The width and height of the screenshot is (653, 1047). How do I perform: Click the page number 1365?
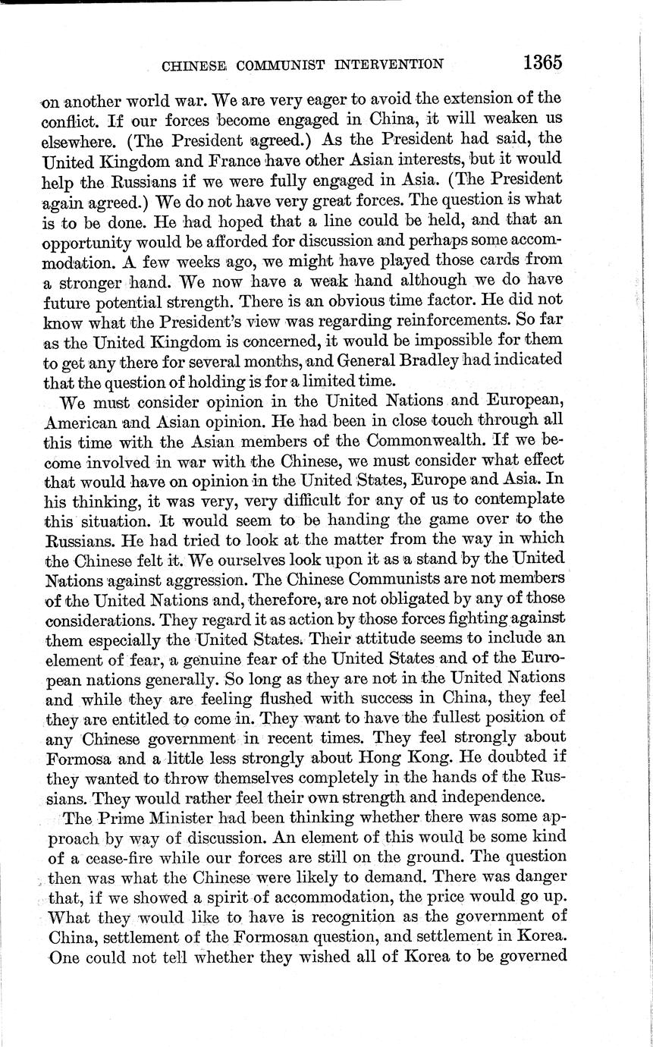coord(542,61)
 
